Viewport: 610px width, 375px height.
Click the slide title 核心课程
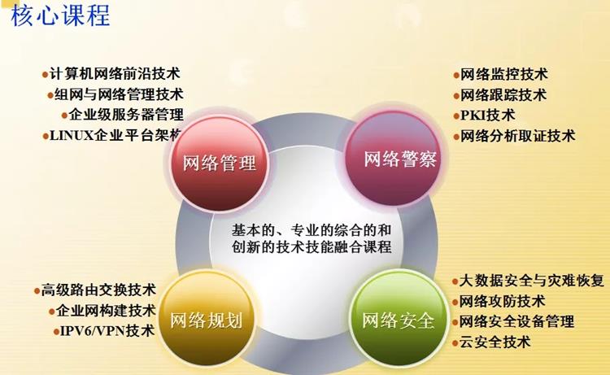[x=60, y=16]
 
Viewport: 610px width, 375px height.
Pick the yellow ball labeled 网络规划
[x=206, y=320]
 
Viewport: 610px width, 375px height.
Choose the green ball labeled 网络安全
[x=399, y=320]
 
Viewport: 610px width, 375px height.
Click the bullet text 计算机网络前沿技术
[x=115, y=73]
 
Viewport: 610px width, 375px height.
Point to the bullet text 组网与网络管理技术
[x=119, y=94]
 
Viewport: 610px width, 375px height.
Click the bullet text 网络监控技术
[x=503, y=74]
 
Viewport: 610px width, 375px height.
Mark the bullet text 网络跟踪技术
[x=503, y=95]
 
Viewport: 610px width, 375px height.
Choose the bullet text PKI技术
[x=487, y=116]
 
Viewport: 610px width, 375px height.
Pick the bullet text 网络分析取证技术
[x=517, y=136]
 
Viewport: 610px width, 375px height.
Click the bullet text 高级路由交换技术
[x=98, y=290]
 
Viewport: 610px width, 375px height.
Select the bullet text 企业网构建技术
[x=106, y=311]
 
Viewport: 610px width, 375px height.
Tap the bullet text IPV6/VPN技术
[x=107, y=331]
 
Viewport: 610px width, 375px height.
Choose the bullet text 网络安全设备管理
[x=517, y=321]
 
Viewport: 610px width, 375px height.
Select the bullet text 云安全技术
[x=495, y=342]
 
